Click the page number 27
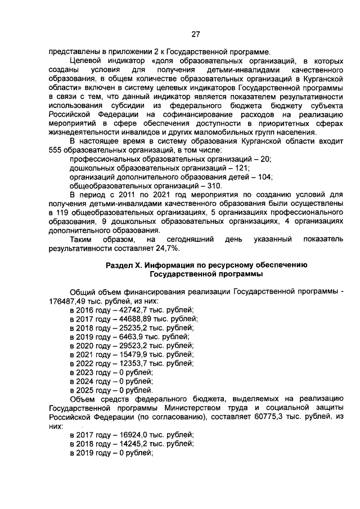[x=195, y=34]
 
